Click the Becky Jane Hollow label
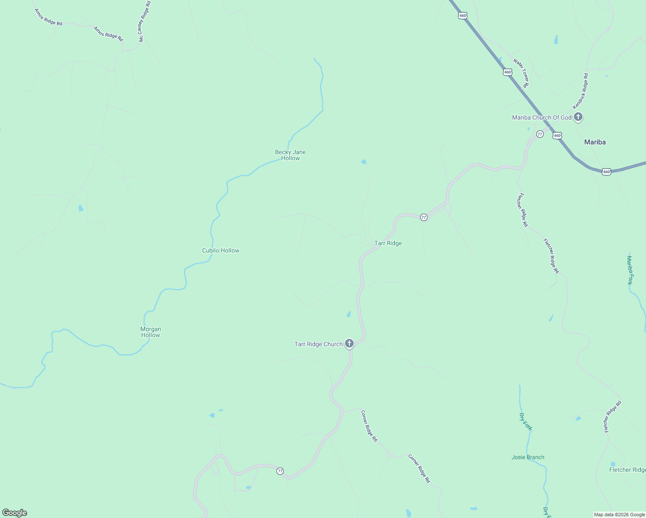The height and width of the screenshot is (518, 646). coord(290,155)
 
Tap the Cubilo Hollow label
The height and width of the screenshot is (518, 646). coord(221,250)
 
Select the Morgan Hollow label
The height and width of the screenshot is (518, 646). coord(150,332)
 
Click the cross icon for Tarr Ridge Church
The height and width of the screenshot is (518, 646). coord(349,344)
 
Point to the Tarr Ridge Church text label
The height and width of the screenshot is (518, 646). coord(318,344)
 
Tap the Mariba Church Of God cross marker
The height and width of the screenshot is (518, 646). coord(578,117)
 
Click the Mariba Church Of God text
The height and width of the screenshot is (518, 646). coord(541,117)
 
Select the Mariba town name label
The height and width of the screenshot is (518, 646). coord(595,142)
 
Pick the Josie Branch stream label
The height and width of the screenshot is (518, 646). coord(528,457)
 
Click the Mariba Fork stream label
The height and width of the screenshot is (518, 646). coord(630,270)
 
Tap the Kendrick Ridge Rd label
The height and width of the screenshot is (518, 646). coord(580,91)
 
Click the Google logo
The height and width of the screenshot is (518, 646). coord(15,513)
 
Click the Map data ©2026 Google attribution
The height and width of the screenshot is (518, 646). coord(619,515)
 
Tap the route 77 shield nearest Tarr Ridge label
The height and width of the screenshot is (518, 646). coord(424,217)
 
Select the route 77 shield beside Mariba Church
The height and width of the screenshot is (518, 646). coord(540,134)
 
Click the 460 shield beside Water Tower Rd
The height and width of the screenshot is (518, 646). coord(507,72)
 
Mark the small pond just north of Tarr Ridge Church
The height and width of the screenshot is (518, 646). coord(348,314)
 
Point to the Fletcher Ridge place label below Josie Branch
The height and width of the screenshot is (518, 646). coord(627,470)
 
